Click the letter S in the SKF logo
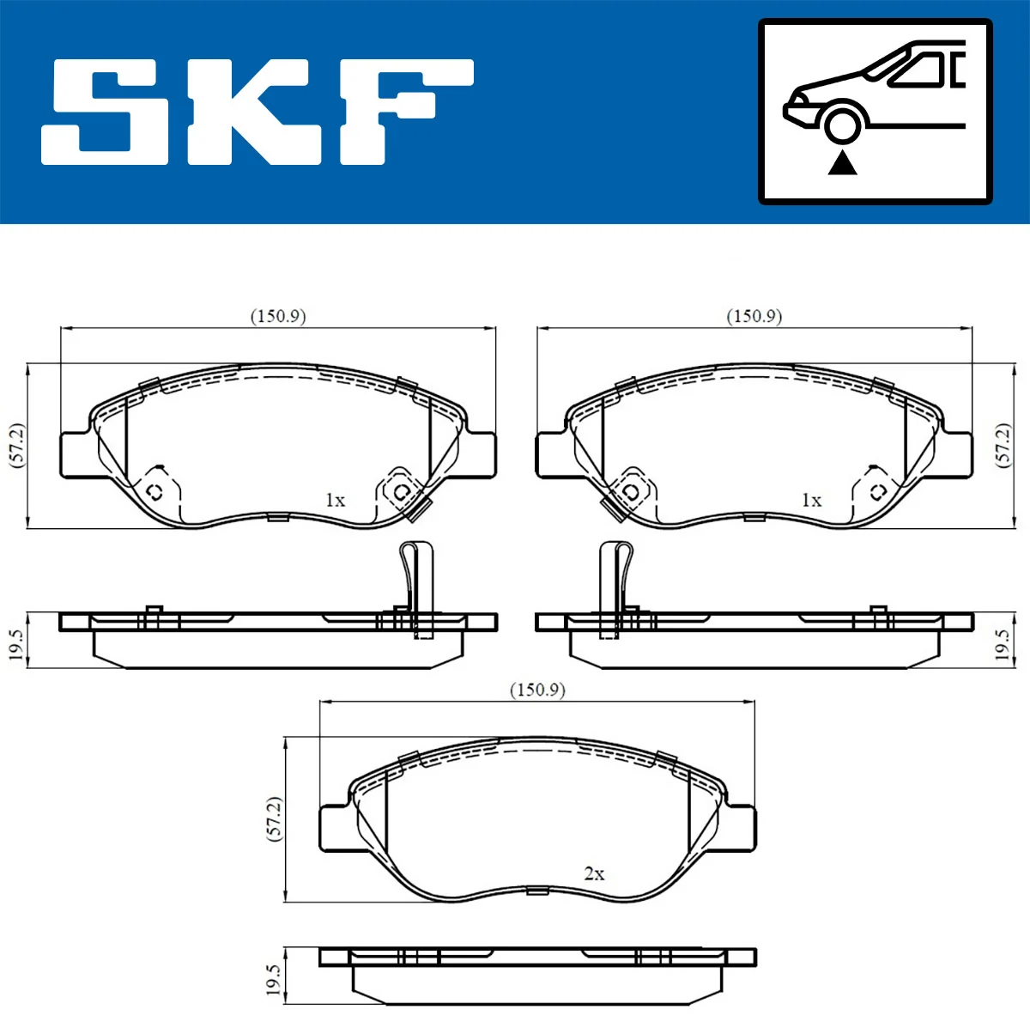(x=107, y=113)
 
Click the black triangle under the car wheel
(x=842, y=161)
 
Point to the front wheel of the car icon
(x=842, y=124)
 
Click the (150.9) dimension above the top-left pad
(x=277, y=316)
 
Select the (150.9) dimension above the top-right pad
(x=754, y=316)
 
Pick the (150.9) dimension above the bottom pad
(x=537, y=690)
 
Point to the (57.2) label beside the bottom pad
(x=274, y=818)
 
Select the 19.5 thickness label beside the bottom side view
(x=273, y=980)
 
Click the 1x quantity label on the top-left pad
(x=335, y=500)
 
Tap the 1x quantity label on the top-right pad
(x=811, y=500)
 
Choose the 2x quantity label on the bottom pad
(x=594, y=873)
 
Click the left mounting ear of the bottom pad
(x=335, y=828)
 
